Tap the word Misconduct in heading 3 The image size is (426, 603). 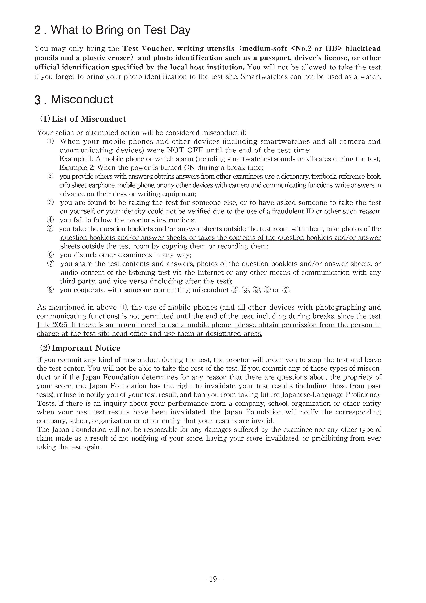[x=82, y=100]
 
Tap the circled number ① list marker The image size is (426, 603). [x=50, y=142]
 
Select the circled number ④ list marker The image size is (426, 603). [x=50, y=220]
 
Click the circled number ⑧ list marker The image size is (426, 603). [x=50, y=290]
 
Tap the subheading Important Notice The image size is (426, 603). [x=86, y=348]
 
